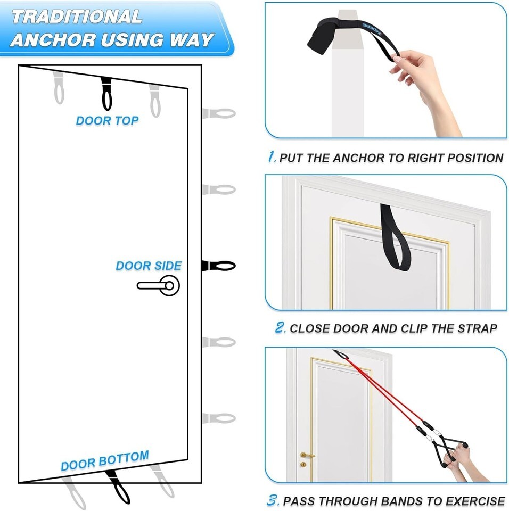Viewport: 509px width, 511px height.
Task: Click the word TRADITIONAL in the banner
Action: tap(77, 17)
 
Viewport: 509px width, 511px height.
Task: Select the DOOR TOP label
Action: tap(107, 121)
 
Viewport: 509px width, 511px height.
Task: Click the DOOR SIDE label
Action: tap(149, 266)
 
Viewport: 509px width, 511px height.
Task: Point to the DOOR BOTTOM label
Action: tap(105, 460)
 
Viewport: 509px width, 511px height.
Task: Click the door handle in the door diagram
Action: tap(159, 285)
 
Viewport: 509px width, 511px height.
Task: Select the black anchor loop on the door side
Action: tap(218, 266)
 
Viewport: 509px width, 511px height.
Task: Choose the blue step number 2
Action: tap(280, 327)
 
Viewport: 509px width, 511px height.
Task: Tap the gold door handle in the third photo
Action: tap(307, 455)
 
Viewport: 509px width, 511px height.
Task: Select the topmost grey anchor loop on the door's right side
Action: tap(219, 114)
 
